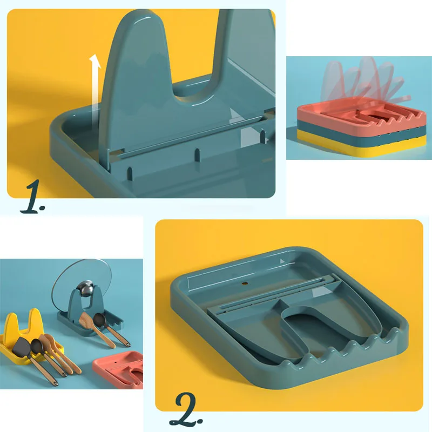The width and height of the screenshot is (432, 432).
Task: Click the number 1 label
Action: coord(32,197)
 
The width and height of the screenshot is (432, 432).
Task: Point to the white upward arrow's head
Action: coord(95,61)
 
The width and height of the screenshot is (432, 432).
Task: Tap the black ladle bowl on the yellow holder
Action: coord(36,345)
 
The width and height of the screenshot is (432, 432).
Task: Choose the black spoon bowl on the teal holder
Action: coord(99,320)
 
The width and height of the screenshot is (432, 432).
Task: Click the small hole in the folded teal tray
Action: coord(244,283)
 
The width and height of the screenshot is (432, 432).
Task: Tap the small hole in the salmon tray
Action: coord(116,360)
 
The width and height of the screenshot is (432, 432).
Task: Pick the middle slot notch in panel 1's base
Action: coord(197,154)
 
